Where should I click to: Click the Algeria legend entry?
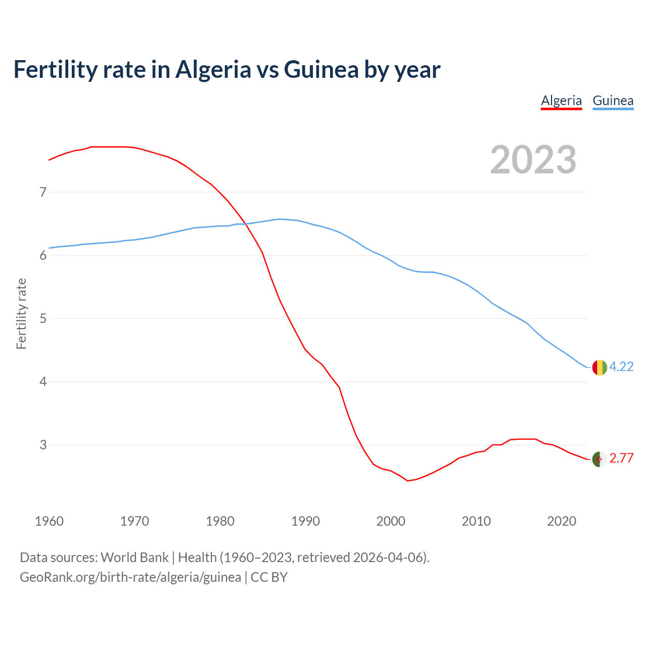tap(561, 101)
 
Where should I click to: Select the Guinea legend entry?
tap(613, 101)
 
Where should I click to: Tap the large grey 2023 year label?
tap(533, 160)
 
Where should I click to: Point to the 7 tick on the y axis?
tap(43, 192)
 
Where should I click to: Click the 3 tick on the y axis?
tap(43, 445)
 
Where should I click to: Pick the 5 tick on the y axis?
tap(43, 318)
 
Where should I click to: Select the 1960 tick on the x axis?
tap(49, 521)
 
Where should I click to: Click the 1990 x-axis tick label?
tap(305, 521)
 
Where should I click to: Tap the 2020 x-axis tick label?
tap(562, 521)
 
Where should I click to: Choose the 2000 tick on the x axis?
tap(391, 521)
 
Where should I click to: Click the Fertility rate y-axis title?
tap(21, 313)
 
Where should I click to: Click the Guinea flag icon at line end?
tap(599, 367)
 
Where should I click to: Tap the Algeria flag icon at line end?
tap(599, 459)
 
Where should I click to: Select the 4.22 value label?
tap(621, 366)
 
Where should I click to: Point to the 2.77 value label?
tap(621, 458)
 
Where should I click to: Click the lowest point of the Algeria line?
tap(408, 481)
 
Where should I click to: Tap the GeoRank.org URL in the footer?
tap(130, 577)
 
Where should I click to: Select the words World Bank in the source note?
tap(134, 557)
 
